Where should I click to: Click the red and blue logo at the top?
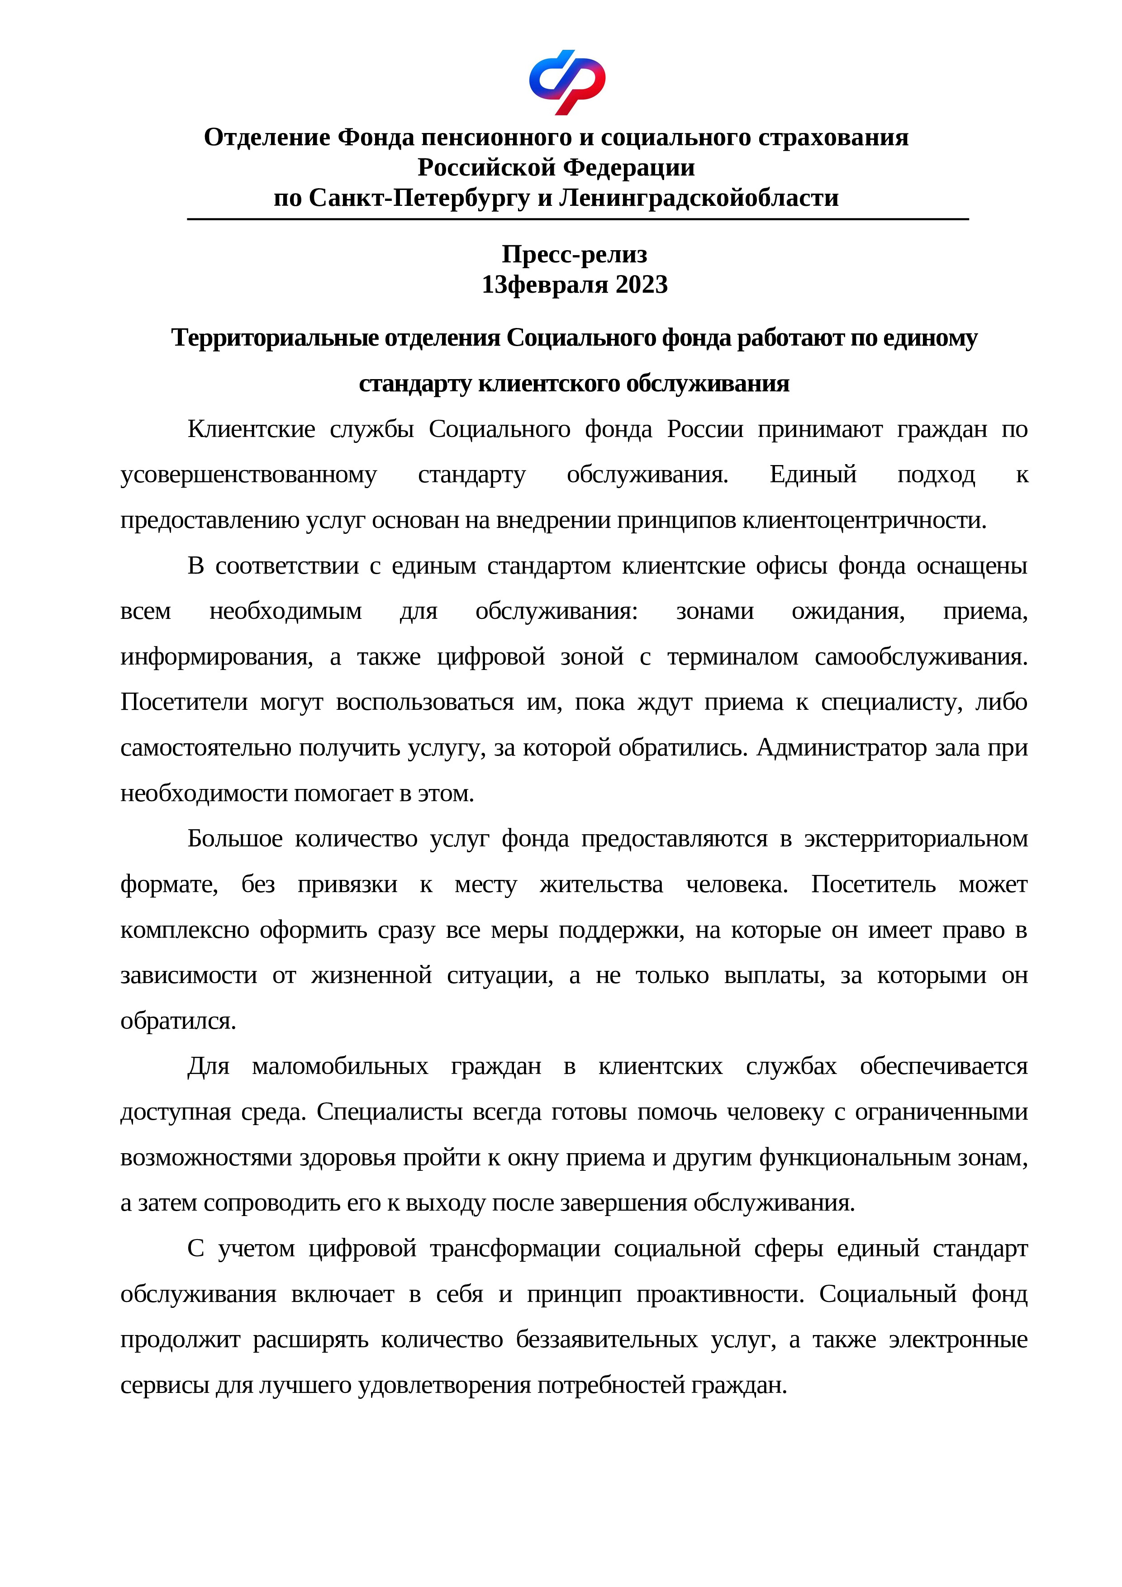click(x=567, y=81)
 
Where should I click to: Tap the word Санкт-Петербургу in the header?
click(x=420, y=198)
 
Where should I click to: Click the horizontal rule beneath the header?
click(x=577, y=219)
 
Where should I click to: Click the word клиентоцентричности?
click(x=864, y=520)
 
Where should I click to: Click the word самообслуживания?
click(x=921, y=656)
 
